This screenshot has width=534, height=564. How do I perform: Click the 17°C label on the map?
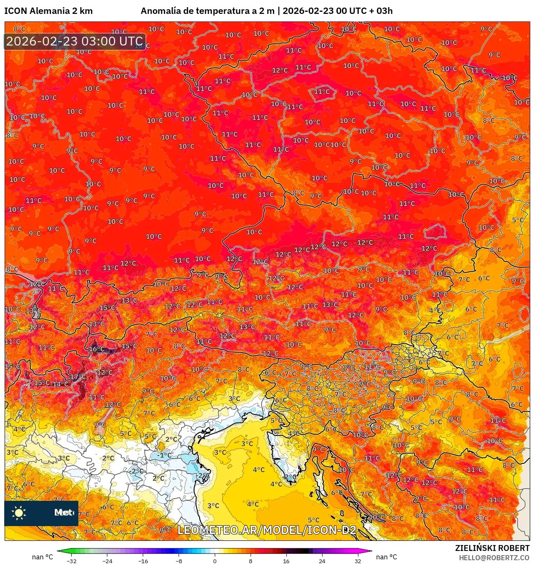tap(78, 377)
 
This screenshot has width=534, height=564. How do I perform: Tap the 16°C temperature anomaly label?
tap(96, 349)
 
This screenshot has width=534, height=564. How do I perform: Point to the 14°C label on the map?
tap(60, 384)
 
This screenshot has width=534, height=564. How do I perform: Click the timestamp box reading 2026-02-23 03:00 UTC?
tap(75, 41)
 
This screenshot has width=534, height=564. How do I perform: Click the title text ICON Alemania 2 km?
tap(48, 11)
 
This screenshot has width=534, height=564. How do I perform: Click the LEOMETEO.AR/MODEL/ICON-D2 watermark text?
tap(267, 530)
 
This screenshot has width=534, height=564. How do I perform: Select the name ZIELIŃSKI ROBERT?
tap(492, 548)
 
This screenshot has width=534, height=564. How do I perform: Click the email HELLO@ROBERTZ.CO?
tap(494, 558)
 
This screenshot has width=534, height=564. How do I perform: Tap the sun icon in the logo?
tap(19, 513)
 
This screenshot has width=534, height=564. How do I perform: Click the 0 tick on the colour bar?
tap(215, 561)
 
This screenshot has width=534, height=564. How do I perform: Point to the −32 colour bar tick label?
tap(72, 561)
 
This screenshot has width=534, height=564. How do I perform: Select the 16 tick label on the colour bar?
tap(286, 561)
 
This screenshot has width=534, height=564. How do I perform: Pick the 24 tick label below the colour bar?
tap(322, 561)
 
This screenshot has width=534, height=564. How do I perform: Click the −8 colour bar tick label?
tap(179, 561)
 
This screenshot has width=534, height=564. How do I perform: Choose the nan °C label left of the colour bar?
tap(43, 557)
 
